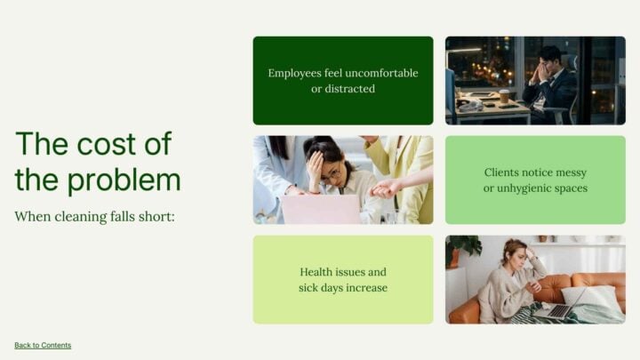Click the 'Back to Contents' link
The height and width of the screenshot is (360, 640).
pos(43,345)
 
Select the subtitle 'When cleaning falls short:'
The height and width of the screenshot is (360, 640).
pos(94,216)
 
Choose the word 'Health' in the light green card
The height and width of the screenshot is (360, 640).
pos(318,272)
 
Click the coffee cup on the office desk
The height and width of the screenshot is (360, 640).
pos(504,97)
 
